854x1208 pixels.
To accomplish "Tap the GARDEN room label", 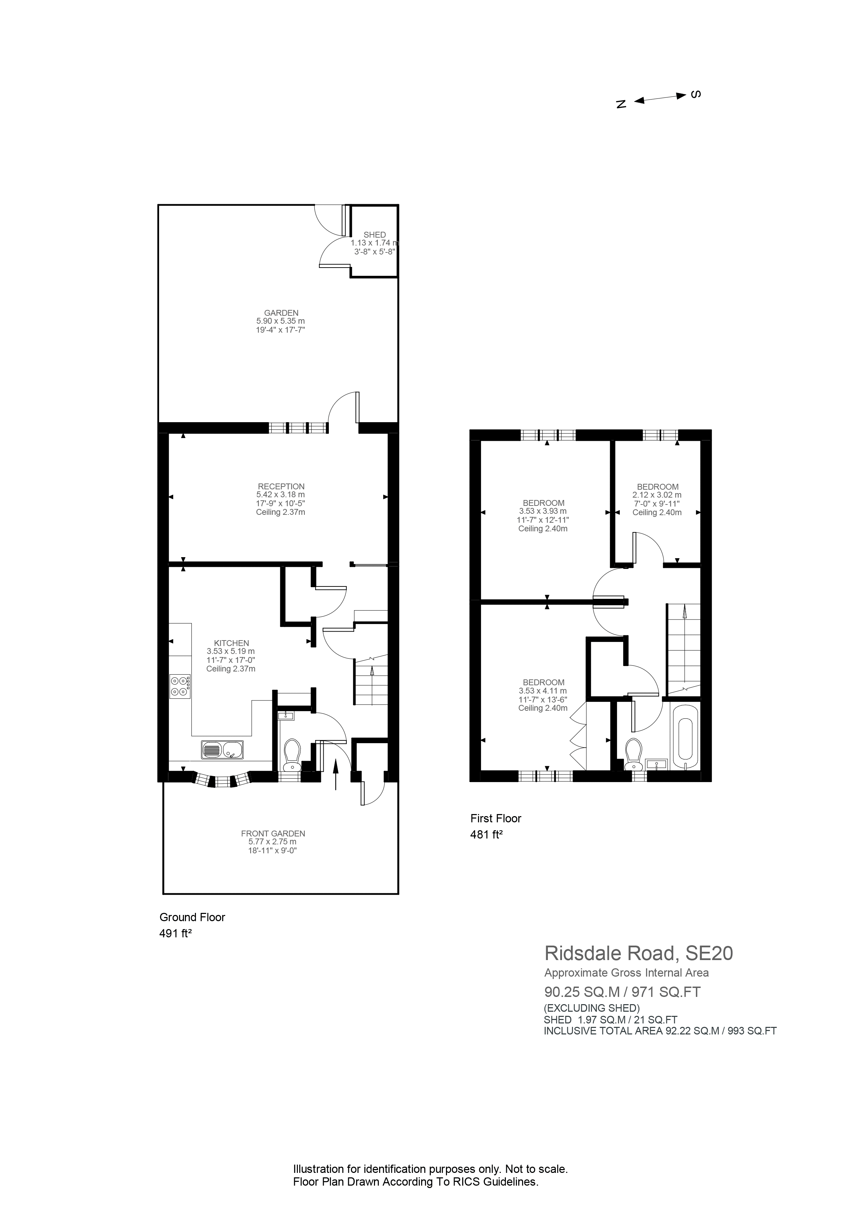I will pos(281,313).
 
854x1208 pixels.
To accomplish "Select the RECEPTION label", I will pos(281,487).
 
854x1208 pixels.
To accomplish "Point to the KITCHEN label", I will pos(231,643).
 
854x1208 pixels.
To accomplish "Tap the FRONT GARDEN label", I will pos(273,833).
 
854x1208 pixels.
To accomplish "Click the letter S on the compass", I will pos(696,95).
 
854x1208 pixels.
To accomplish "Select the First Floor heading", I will pos(495,818).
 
